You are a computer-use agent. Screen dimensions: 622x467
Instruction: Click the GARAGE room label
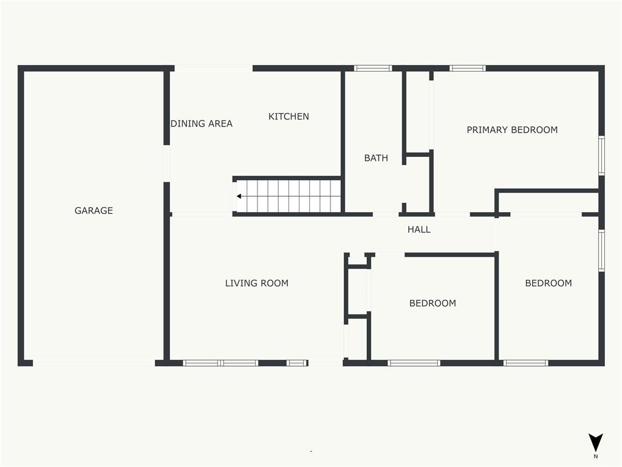(94, 210)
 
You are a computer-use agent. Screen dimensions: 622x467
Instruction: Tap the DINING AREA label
(202, 124)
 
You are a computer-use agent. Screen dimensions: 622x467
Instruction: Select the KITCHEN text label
(289, 116)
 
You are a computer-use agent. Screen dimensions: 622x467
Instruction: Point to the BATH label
(376, 158)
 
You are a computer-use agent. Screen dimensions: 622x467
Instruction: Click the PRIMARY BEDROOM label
(512, 130)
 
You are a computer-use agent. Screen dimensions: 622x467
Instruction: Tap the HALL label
(419, 229)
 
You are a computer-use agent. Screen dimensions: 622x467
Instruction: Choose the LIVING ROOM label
(257, 283)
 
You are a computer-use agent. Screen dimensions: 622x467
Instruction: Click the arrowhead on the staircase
(239, 196)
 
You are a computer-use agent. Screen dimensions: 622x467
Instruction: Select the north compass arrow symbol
(595, 441)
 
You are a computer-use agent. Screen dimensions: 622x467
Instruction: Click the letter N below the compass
(595, 457)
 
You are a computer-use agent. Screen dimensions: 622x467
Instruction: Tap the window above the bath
(373, 68)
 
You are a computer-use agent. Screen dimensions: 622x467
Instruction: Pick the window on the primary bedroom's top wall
(468, 68)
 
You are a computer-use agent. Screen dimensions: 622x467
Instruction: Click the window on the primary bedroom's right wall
(601, 155)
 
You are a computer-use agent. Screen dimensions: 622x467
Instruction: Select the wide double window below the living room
(220, 363)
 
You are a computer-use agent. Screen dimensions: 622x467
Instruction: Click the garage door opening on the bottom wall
(94, 363)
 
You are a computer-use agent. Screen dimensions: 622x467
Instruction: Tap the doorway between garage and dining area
(167, 164)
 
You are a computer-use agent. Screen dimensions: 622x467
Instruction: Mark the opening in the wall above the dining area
(213, 68)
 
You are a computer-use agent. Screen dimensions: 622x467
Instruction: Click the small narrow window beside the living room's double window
(297, 363)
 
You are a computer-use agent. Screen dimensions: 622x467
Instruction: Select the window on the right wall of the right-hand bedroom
(601, 251)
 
